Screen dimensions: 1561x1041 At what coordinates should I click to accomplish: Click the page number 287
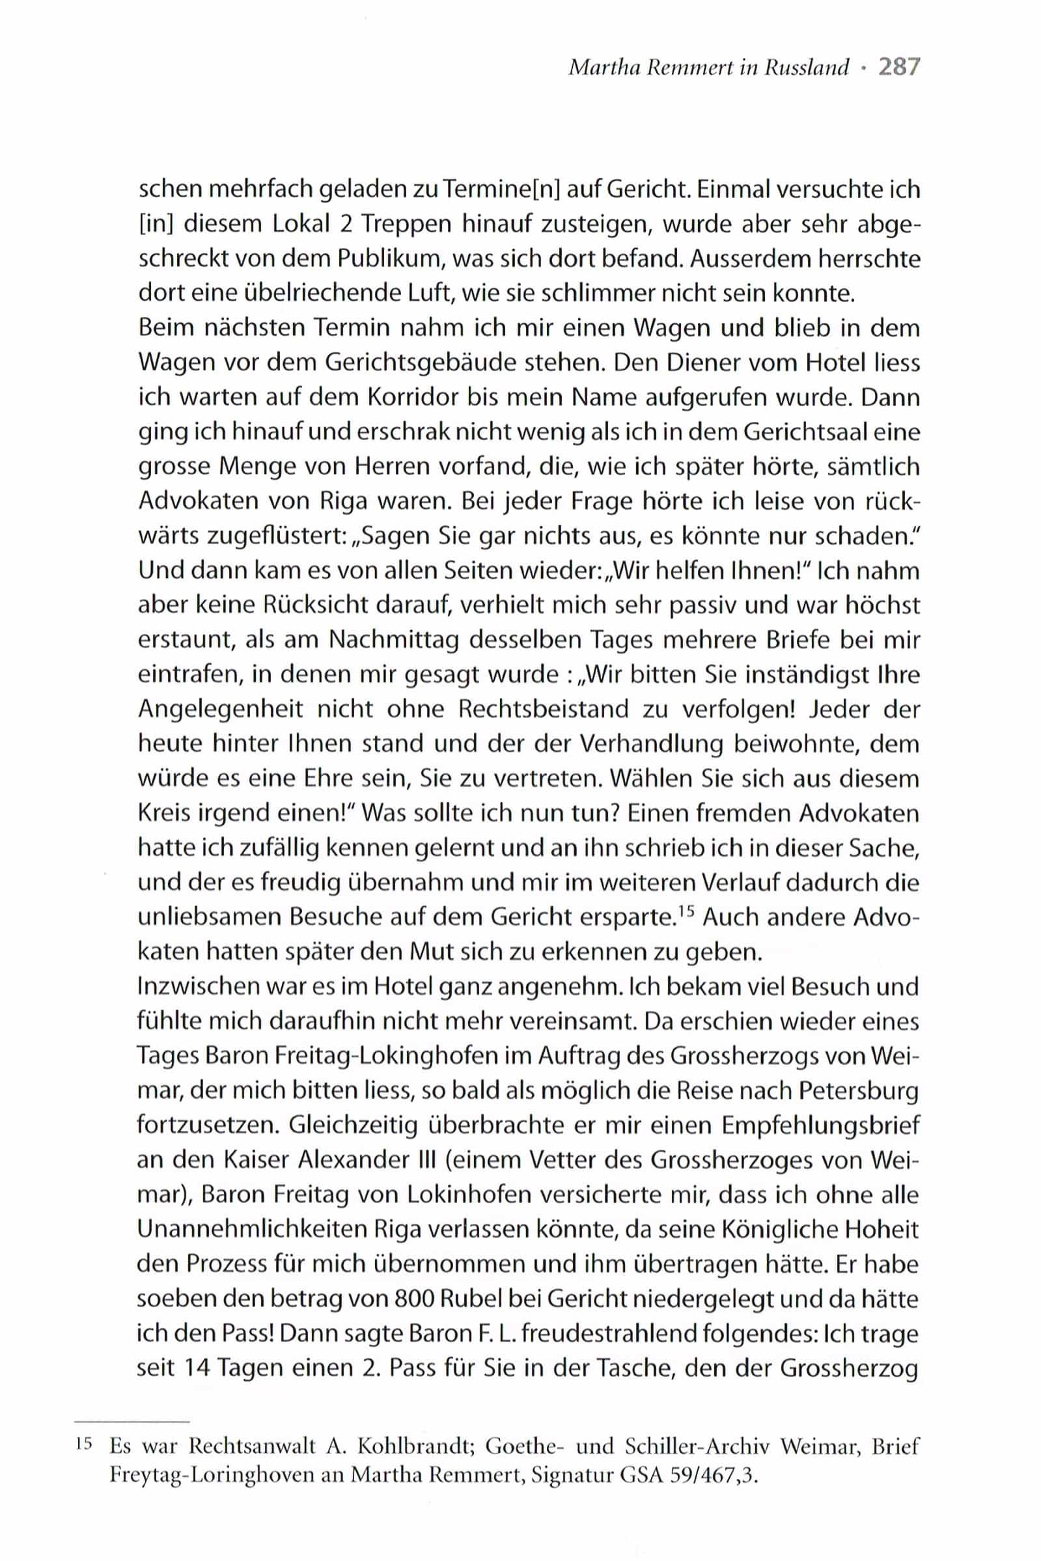(x=899, y=68)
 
